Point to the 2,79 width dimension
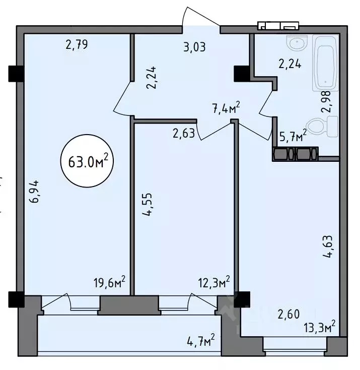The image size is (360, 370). pos(77,45)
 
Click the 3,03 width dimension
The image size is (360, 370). pos(194,48)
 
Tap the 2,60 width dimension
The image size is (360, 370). pos(289,315)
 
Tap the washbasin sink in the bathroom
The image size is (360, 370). pos(297,43)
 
